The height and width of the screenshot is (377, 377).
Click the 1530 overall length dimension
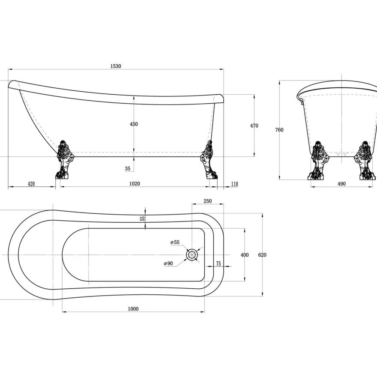[x=116, y=66]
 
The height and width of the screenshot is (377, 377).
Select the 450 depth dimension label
[x=134, y=124]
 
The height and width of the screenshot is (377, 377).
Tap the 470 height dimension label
[x=254, y=126]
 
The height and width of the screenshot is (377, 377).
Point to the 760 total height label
[x=279, y=130]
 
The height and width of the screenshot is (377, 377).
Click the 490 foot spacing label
[x=342, y=184]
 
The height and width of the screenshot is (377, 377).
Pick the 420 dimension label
[x=31, y=184]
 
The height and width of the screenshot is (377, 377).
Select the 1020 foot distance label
[x=135, y=184]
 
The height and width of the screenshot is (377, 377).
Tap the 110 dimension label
[x=235, y=184]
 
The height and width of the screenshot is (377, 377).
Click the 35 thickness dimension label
[x=128, y=168]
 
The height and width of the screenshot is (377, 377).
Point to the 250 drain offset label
[x=208, y=201]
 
